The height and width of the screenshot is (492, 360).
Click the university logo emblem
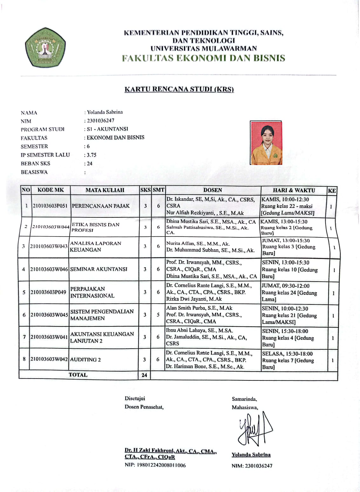46,47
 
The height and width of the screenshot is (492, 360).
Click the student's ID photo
266,143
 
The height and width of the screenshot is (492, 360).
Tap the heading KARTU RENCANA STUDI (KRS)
179,89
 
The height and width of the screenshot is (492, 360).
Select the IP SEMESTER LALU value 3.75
92,155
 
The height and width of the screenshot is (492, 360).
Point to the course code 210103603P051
50,206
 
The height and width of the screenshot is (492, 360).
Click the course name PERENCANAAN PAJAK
101,206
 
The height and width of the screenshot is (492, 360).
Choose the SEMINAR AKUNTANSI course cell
99,269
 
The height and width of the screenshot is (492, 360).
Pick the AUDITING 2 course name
85,360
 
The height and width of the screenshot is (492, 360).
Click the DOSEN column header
213,190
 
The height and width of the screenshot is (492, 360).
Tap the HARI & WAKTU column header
294,190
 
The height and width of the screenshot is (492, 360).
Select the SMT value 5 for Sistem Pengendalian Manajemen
158,315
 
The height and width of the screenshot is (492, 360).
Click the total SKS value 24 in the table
144,375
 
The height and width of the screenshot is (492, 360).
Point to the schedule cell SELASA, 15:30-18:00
288,354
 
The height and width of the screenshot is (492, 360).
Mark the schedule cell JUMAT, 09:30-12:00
286,286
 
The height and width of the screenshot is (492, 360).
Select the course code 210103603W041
49,337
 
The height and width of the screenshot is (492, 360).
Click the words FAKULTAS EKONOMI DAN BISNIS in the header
204,58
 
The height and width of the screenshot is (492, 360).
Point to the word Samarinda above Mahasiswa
244,399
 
